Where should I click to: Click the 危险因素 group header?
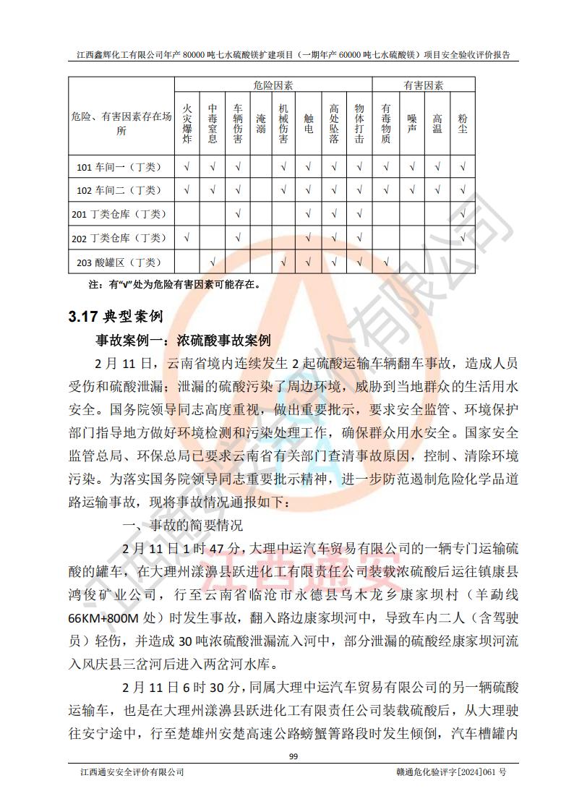click(273, 85)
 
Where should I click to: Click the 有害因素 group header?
click(423, 85)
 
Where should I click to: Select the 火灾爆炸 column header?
click(187, 124)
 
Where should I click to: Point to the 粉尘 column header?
click(462, 124)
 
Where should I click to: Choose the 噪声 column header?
click(411, 124)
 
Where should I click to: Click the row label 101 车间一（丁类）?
click(121, 167)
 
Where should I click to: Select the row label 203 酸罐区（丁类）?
click(121, 262)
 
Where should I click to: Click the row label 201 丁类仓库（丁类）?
click(121, 214)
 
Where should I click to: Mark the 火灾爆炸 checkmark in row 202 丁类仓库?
click(187, 238)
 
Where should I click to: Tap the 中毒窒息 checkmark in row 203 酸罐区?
click(213, 262)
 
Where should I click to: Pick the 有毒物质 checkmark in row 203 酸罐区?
click(385, 262)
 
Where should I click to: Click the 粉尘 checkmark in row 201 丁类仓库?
click(462, 214)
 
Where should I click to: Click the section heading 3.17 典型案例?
click(115, 316)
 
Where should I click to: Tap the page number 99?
click(293, 756)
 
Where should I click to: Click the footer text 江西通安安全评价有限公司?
click(131, 772)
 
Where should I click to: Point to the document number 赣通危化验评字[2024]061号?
click(447, 772)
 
